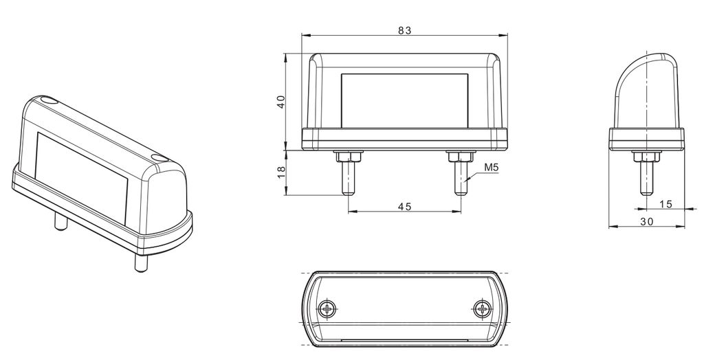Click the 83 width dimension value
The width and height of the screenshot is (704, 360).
point(404,30)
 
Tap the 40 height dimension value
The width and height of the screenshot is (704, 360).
point(281,102)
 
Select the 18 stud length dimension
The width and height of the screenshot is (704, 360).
point(281,172)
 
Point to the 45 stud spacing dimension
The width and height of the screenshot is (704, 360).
point(404,206)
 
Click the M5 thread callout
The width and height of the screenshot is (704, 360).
point(492,168)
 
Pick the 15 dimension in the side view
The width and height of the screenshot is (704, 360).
point(666,204)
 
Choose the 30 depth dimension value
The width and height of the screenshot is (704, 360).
point(647,221)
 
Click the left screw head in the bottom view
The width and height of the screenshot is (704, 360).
point(328,308)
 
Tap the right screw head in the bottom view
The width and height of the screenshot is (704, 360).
point(482,308)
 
